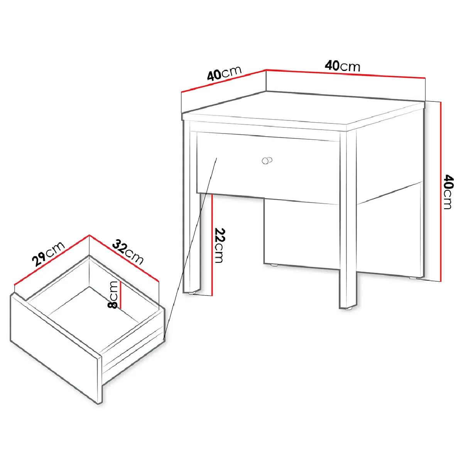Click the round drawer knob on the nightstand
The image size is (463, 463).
pyautogui.click(x=267, y=160)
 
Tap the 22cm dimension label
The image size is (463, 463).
pyautogui.click(x=220, y=245)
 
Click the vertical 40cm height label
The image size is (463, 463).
pyautogui.click(x=448, y=192)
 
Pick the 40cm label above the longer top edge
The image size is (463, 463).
pyautogui.click(x=342, y=66)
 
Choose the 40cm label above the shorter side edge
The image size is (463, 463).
pyautogui.click(x=224, y=73)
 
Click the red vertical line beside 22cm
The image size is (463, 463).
pyautogui.click(x=212, y=245)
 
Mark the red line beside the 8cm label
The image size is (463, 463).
pyautogui.click(x=121, y=294)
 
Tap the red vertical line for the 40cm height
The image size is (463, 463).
pyautogui.click(x=441, y=191)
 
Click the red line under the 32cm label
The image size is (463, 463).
pyautogui.click(x=124, y=258)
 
